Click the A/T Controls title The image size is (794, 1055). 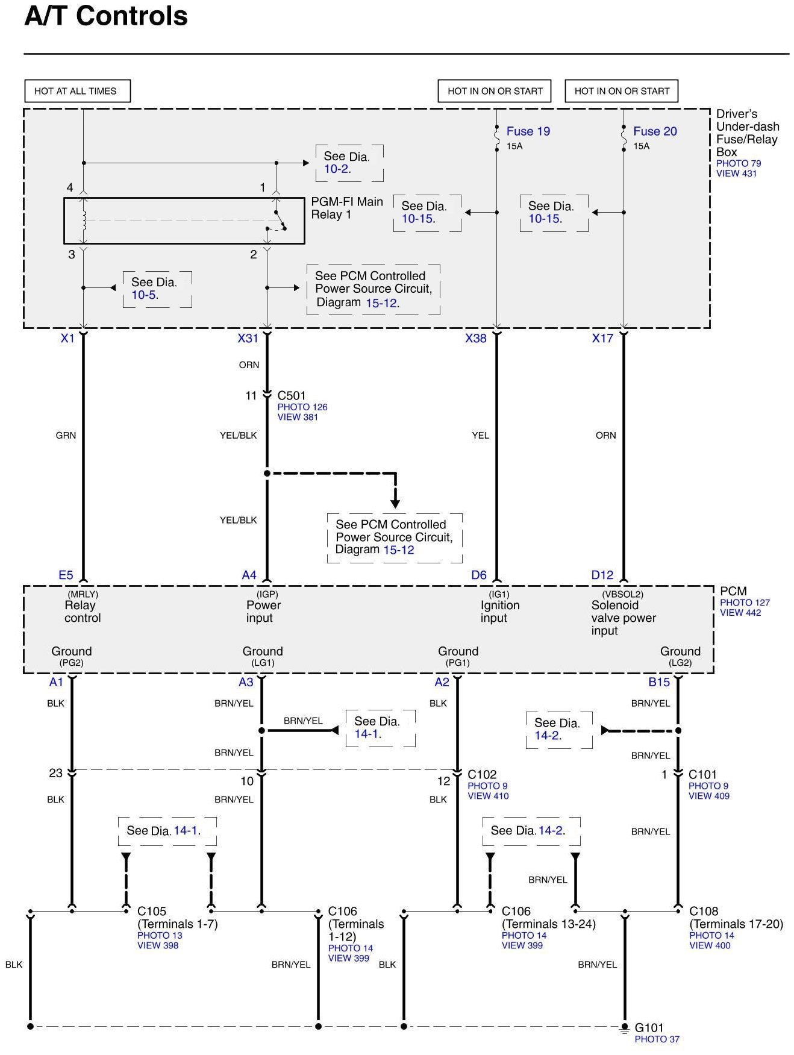click(106, 16)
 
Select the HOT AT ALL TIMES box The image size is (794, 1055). click(77, 91)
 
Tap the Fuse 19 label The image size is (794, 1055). click(528, 131)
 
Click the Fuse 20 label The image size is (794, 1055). click(655, 131)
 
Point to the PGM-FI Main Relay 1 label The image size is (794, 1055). click(346, 208)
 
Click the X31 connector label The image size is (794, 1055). click(248, 339)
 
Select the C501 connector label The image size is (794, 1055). click(292, 396)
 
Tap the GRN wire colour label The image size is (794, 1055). click(66, 436)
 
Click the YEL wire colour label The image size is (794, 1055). click(480, 436)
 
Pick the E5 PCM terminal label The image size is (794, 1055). click(66, 575)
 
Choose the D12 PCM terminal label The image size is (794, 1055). click(602, 575)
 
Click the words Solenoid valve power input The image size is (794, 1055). click(623, 618)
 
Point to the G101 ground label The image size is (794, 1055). click(649, 1028)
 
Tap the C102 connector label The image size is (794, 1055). click(482, 775)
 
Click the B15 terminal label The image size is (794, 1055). click(659, 683)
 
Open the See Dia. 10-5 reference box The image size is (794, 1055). click(157, 289)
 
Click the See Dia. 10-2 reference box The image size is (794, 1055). click(349, 163)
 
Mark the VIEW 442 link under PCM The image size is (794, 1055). click(740, 613)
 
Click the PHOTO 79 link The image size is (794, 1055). click(739, 163)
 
